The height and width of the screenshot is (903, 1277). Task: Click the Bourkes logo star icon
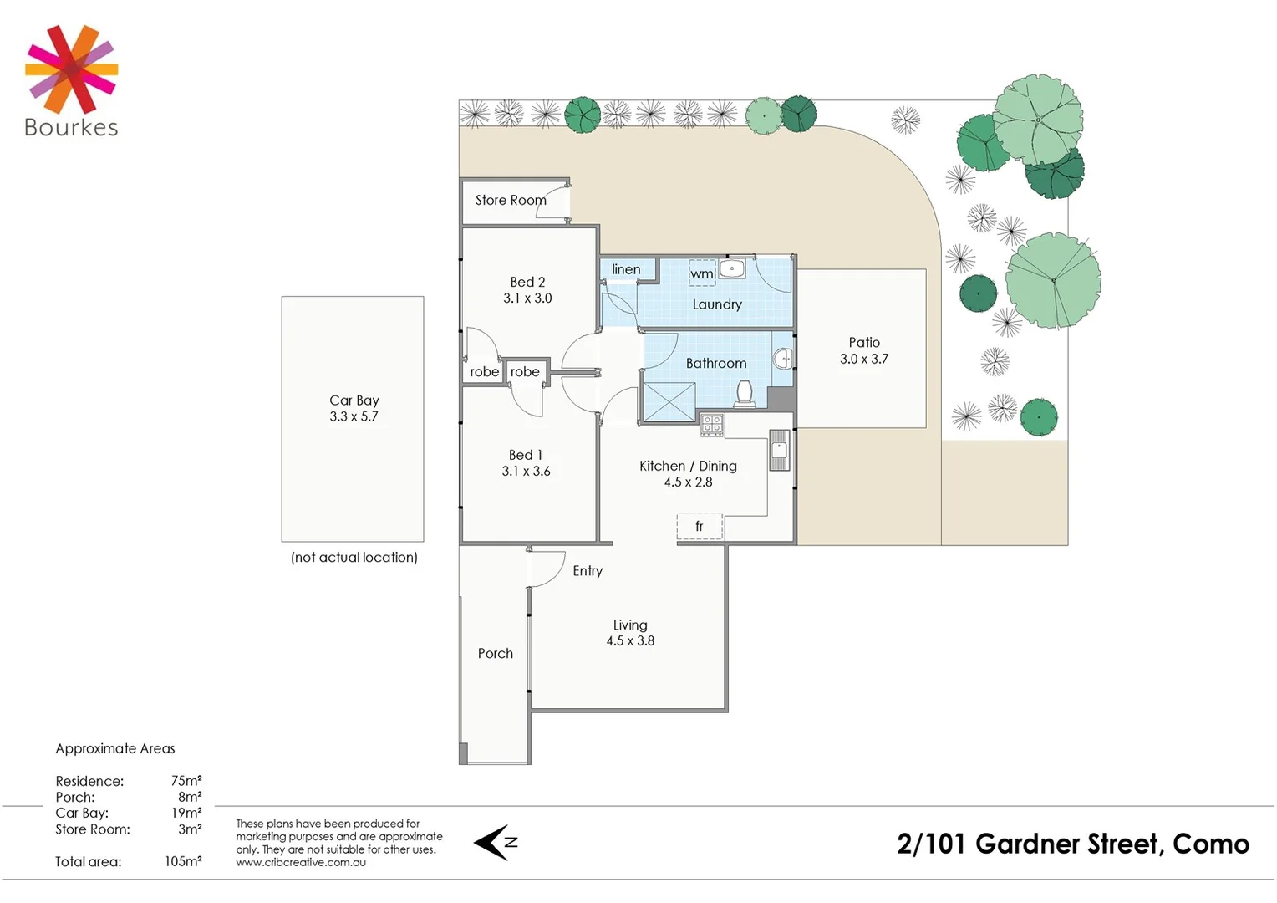coord(71,69)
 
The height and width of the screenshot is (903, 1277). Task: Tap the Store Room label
coord(510,201)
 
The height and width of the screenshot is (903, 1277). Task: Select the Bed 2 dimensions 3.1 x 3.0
coord(527,298)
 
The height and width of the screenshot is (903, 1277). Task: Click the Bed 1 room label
coord(526,455)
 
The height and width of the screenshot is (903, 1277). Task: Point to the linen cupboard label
coord(626,269)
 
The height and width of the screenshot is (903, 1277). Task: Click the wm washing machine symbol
coord(702,273)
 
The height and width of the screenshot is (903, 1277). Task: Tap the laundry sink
coord(732,268)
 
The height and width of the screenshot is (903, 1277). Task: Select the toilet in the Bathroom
coord(743,392)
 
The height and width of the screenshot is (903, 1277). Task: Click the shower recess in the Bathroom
coord(669,401)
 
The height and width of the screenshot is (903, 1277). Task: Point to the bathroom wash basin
coord(783,359)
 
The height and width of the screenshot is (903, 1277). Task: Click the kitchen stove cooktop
coord(712,426)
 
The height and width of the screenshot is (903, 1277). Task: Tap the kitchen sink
coord(779,451)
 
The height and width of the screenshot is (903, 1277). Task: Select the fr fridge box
coord(700,527)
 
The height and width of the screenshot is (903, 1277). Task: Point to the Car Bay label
coord(354,400)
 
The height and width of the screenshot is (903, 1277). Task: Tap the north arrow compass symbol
coord(496,843)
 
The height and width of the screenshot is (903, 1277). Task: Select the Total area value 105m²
coord(183,862)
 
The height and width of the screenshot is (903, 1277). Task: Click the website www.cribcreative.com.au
coord(301,863)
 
